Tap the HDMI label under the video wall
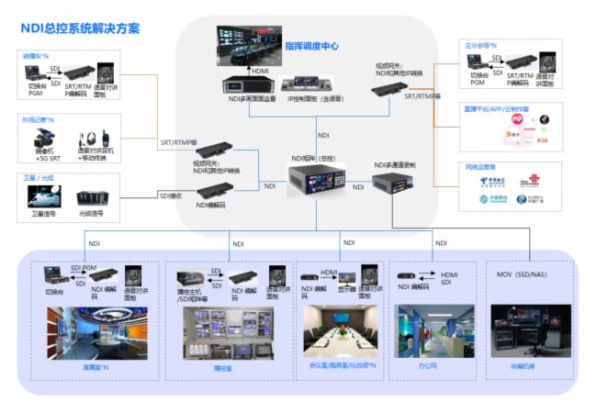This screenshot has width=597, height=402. coord(261,69)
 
